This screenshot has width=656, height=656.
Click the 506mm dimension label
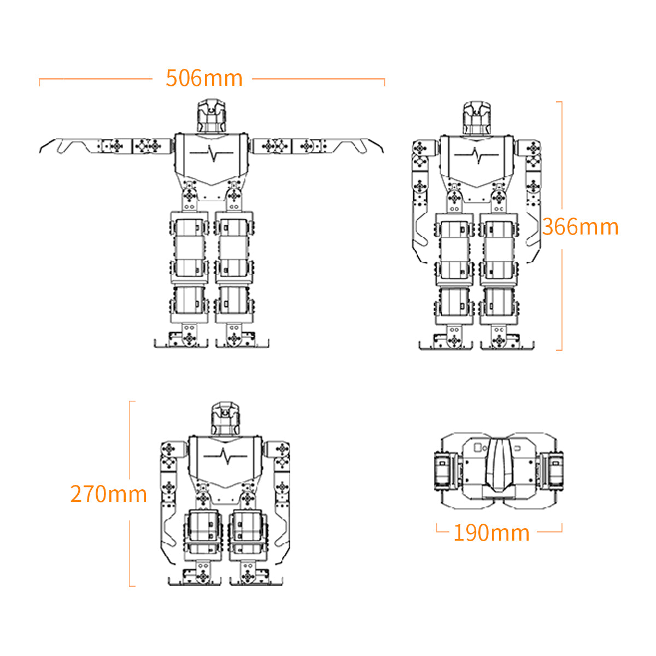[204, 78]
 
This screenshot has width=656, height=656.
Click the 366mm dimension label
[581, 227]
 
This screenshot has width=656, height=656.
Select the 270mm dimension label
[109, 494]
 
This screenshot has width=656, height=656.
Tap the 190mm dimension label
[491, 533]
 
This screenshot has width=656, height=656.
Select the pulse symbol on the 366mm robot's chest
[477, 155]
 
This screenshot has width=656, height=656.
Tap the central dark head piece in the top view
[499, 465]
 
